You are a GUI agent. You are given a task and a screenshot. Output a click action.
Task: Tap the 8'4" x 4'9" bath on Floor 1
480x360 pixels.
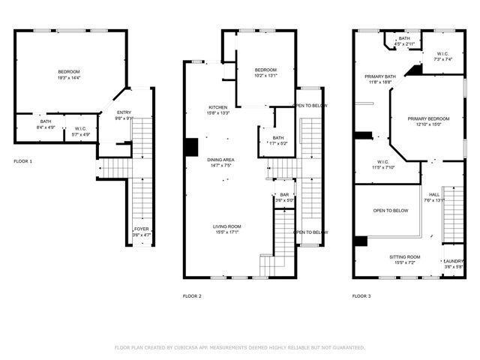[46, 124]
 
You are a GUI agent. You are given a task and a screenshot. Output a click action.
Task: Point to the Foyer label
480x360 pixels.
[141, 232]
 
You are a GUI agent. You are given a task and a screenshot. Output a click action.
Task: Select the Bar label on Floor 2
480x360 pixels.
[285, 197]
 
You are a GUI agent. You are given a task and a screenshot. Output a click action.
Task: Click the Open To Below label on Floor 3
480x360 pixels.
[391, 211]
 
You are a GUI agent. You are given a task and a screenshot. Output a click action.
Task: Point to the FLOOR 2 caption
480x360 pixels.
[192, 296]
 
